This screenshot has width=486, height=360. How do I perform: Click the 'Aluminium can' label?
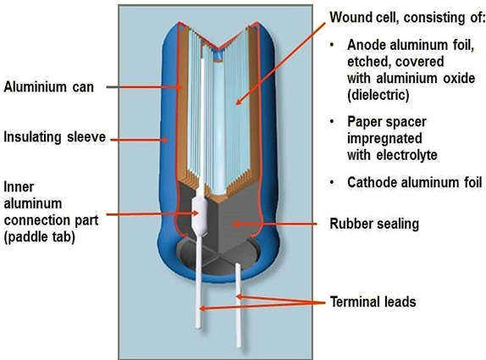[x=48, y=86]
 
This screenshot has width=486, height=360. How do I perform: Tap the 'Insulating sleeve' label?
[x=54, y=137]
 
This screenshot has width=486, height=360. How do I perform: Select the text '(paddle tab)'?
[x=39, y=237]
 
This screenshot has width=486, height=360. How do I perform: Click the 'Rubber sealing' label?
[x=374, y=224]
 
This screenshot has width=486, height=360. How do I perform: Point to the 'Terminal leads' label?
[x=373, y=302]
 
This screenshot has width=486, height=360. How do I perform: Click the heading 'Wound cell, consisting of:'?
[x=407, y=17]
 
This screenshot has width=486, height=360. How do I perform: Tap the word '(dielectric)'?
[x=378, y=95]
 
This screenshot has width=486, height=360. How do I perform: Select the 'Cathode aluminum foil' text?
[x=414, y=182]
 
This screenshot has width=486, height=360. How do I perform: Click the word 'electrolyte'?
[x=406, y=155]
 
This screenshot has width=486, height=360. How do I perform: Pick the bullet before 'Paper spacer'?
[x=332, y=122]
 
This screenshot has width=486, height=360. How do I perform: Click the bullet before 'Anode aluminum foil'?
[x=332, y=45]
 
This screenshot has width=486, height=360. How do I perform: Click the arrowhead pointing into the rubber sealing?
[x=237, y=224]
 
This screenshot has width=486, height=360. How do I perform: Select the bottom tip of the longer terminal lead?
[x=198, y=328]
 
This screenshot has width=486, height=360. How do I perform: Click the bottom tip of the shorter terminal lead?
[x=240, y=347]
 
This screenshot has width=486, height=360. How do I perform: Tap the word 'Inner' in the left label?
[x=19, y=187]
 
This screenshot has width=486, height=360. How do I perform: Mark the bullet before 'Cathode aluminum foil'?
[x=332, y=182]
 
